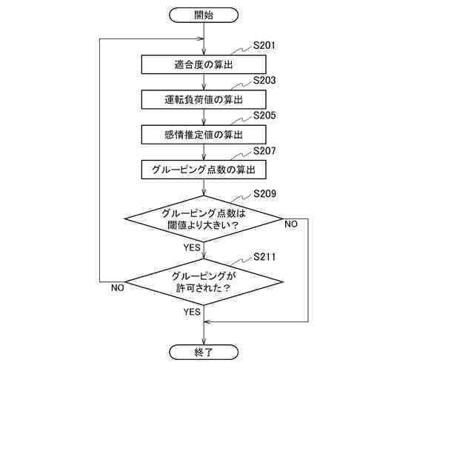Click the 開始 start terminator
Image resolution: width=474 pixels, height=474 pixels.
point(204,14)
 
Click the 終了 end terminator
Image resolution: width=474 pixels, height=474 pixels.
point(204,353)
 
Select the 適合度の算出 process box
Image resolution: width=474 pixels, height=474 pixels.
point(204,64)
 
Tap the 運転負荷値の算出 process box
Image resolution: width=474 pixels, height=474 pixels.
point(204,99)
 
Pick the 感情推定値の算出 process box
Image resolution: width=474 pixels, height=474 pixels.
point(204,135)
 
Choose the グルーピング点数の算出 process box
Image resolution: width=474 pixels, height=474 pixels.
point(204,170)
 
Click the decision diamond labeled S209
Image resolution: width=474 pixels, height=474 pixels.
point(204,219)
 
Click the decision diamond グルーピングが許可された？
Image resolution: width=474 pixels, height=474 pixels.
point(204,281)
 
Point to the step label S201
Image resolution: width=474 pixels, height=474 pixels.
point(264,46)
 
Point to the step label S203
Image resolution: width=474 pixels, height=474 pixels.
point(264,80)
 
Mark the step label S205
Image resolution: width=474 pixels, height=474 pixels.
point(264,116)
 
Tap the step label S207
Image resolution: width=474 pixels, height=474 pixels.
point(264,151)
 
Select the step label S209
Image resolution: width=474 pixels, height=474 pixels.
point(264,194)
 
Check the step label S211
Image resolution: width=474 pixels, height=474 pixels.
point(264,257)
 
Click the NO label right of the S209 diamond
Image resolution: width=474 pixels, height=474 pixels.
point(291,224)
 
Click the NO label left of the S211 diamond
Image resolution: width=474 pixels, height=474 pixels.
point(117,287)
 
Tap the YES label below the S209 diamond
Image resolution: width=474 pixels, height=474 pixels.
point(192,247)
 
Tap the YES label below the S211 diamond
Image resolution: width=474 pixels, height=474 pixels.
point(192,312)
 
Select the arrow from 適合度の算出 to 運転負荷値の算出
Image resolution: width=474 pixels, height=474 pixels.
point(204,82)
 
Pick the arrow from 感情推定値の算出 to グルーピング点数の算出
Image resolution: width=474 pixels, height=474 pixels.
point(204,153)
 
